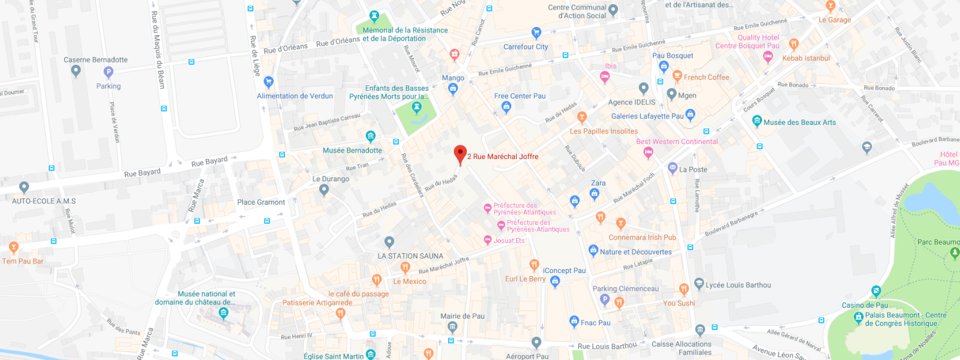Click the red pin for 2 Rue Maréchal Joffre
[x=460, y=154]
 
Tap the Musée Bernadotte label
[x=352, y=151]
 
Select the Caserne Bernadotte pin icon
[x=76, y=71]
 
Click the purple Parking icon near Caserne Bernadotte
[x=109, y=73]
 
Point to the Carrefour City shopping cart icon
[x=536, y=33]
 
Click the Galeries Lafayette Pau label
[x=647, y=116]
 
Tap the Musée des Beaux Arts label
[x=799, y=122]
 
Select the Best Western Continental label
[x=677, y=142]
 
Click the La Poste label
[x=693, y=170]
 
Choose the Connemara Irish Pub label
[x=642, y=238]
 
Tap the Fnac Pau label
[x=595, y=323]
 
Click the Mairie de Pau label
[x=462, y=316]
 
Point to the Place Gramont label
[x=261, y=202]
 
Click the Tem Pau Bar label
[x=23, y=261]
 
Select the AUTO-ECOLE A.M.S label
[x=44, y=201]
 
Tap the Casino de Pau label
[x=865, y=305]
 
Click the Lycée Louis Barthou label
[x=738, y=285]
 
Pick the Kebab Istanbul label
[x=806, y=58]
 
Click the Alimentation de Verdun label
[x=295, y=96]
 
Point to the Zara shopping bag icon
[x=595, y=194]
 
